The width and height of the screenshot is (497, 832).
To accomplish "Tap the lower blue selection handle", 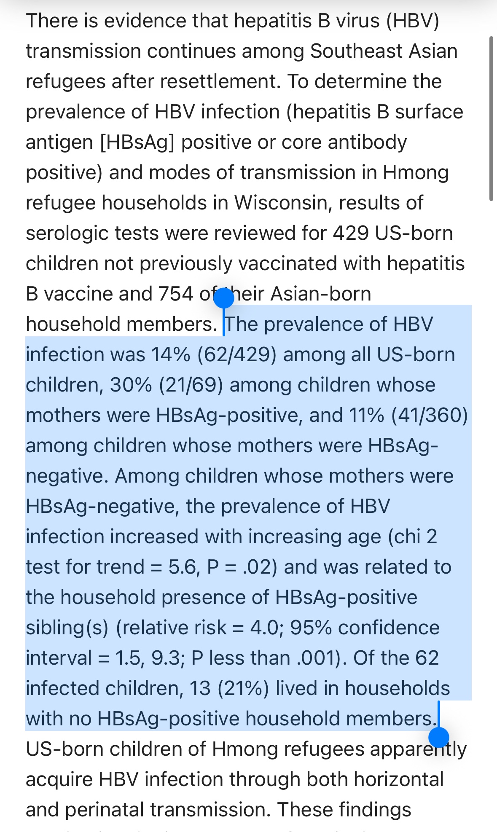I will [438, 738].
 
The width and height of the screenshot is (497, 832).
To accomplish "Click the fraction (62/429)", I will [237, 355].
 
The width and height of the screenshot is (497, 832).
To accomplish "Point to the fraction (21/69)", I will [191, 385].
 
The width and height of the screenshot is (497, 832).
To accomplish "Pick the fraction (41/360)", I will [430, 416].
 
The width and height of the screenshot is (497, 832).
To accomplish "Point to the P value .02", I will [260, 567].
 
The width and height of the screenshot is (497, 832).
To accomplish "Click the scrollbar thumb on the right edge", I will [491, 118].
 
